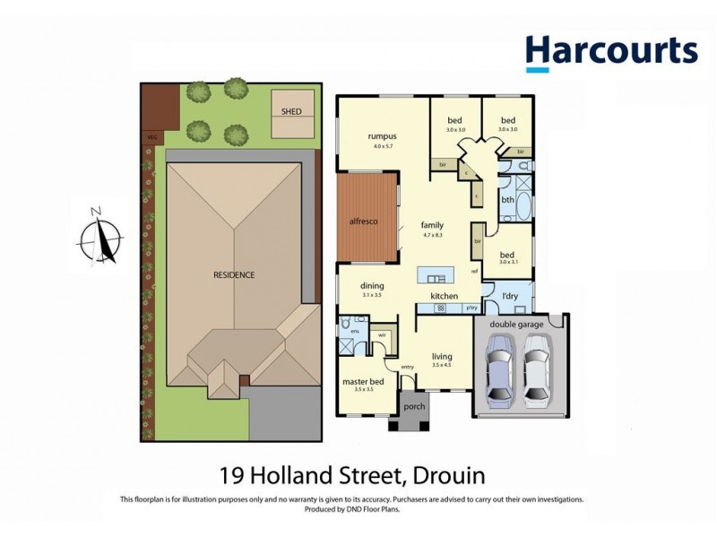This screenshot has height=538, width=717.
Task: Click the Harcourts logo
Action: click(x=611, y=52)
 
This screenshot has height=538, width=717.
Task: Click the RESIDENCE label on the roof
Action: click(x=233, y=274)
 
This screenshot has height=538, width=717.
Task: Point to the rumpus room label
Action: click(x=382, y=137)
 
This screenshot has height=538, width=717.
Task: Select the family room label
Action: click(x=432, y=226)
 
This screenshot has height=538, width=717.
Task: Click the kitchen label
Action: click(x=444, y=296)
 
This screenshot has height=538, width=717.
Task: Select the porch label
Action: click(x=415, y=405)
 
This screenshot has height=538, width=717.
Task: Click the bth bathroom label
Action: click(x=506, y=200)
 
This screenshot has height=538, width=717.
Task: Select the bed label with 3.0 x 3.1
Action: click(x=507, y=256)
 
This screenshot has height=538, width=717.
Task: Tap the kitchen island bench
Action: click(x=436, y=274)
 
